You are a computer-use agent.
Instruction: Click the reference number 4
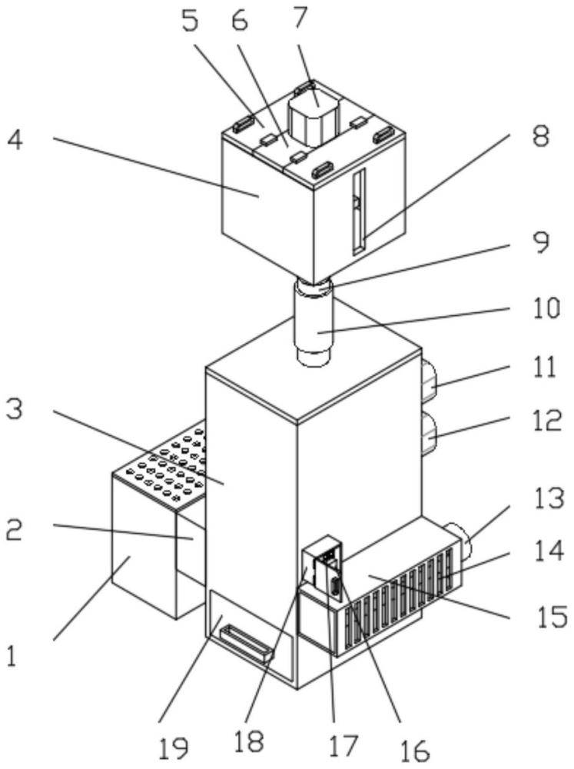(x=15, y=140)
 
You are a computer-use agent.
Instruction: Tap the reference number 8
(x=541, y=136)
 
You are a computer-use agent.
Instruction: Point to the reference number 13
(x=549, y=499)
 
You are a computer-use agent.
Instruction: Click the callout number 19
(x=174, y=748)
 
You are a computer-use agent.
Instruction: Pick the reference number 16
(x=415, y=751)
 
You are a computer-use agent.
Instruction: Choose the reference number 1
(x=12, y=656)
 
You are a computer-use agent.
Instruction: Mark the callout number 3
(x=14, y=408)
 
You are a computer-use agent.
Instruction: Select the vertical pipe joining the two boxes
(x=314, y=323)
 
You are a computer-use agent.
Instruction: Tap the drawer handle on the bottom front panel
(x=247, y=642)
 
